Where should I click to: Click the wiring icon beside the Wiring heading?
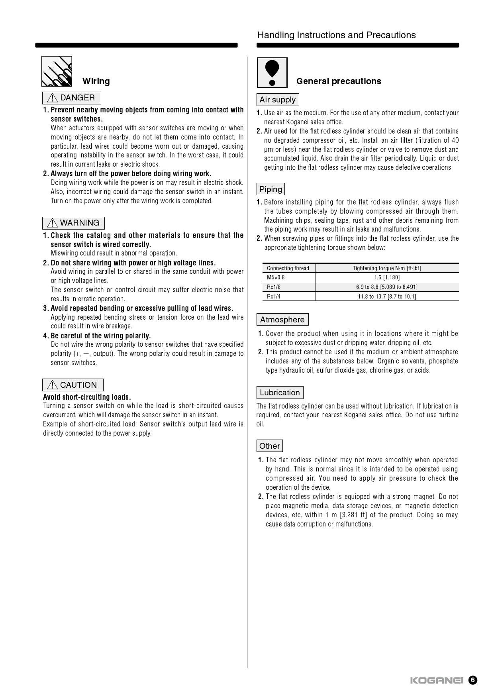pos(57,71)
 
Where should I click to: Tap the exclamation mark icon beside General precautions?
pos(272,73)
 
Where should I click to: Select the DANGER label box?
pos(72,98)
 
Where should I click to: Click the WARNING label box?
pos(74,223)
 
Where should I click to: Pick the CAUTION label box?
pos(73,385)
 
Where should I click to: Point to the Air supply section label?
pos(278,100)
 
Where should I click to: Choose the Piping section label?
pos(271,189)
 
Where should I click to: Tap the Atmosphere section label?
pos(282,320)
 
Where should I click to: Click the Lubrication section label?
pos(280,393)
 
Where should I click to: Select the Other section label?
pos(270,446)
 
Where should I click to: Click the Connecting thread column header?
pos(288,268)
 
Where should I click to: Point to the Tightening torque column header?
pos(386,268)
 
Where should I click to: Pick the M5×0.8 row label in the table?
pos(276,277)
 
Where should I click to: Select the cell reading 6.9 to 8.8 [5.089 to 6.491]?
pos(386,287)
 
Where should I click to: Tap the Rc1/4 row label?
pos(274,296)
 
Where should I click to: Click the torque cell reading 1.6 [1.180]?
pos(386,277)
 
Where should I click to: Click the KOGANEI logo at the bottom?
pos(437,680)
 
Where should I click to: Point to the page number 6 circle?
pos(472,680)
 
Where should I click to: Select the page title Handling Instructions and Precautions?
pos(336,35)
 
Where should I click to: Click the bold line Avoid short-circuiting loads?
pos(87,397)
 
